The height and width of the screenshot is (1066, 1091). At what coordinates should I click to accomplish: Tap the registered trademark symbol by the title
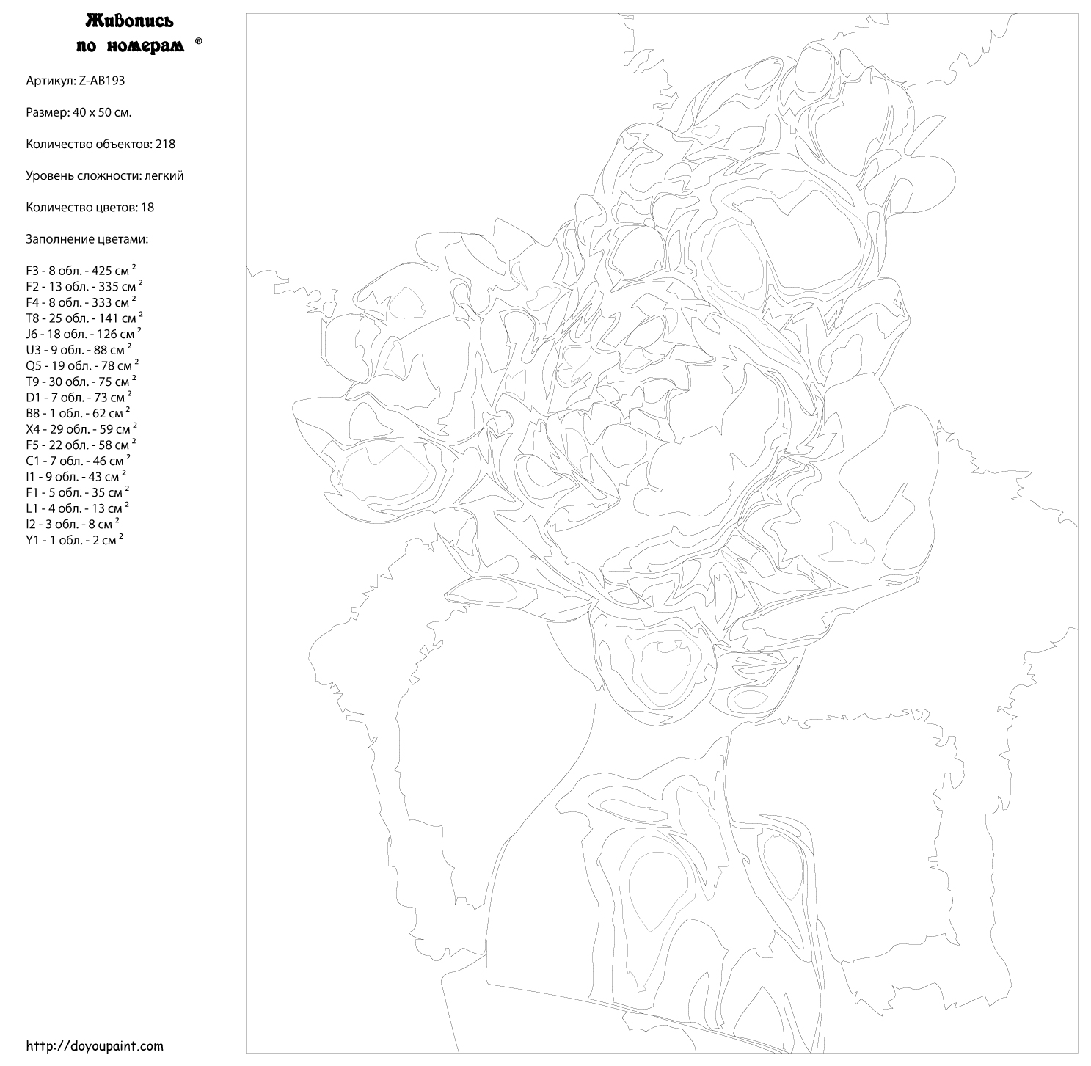point(199,41)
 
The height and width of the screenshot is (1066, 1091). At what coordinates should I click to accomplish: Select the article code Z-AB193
point(101,81)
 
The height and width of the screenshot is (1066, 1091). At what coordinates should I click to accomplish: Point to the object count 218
point(165,144)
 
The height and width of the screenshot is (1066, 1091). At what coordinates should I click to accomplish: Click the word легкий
point(164,176)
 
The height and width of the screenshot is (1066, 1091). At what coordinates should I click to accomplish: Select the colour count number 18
point(147,208)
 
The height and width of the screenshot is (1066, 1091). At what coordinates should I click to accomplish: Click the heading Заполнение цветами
point(87,239)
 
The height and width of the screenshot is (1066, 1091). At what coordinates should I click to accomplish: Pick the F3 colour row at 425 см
point(81,270)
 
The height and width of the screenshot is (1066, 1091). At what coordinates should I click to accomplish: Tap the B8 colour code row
point(78,413)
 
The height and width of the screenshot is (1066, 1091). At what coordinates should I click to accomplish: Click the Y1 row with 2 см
point(75,540)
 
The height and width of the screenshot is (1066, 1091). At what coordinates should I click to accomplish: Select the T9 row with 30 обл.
point(81,382)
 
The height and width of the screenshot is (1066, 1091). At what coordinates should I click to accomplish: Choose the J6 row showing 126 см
point(84,334)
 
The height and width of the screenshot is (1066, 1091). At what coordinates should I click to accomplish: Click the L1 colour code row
point(77,508)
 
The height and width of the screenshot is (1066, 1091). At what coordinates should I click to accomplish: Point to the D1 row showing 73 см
point(79,397)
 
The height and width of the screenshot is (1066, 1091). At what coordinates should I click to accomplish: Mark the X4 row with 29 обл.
point(82,429)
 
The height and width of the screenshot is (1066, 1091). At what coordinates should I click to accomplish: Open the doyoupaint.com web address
point(95,1045)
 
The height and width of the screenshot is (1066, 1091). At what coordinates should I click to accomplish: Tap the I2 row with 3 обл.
point(73,525)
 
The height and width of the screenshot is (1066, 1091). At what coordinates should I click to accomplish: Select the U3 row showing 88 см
point(79,349)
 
